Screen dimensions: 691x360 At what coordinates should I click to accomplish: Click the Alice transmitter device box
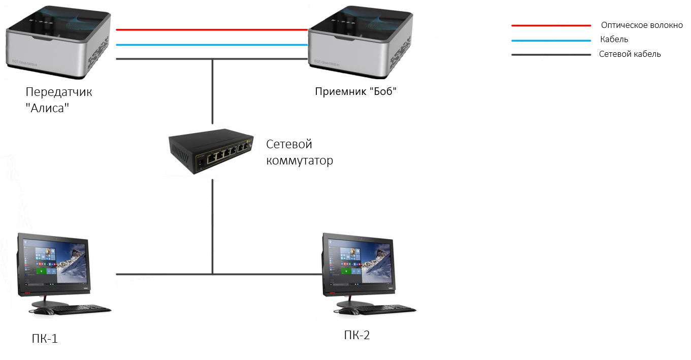click(58, 42)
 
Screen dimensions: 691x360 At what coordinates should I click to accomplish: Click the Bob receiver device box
click(360, 42)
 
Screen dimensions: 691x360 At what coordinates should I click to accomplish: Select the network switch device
click(211, 151)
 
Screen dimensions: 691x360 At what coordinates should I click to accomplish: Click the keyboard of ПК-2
click(387, 309)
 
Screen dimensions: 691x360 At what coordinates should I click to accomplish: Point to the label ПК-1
click(45, 339)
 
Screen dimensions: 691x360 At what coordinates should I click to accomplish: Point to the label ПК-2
click(357, 335)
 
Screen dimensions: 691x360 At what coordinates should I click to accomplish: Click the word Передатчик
click(59, 92)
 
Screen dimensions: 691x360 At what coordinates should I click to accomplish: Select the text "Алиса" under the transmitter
click(47, 108)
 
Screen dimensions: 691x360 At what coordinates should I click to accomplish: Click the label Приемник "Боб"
click(356, 91)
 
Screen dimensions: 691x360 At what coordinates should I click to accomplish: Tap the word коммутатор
click(300, 161)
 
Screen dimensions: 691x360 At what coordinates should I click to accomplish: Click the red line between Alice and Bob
click(212, 30)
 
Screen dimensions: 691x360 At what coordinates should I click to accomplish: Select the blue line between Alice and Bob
click(212, 45)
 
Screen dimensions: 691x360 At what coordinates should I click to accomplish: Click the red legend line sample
click(551, 25)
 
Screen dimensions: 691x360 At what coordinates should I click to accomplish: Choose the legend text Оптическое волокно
click(642, 25)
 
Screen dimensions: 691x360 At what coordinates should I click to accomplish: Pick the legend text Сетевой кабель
click(630, 54)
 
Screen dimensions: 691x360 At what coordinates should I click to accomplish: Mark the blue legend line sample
click(551, 41)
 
